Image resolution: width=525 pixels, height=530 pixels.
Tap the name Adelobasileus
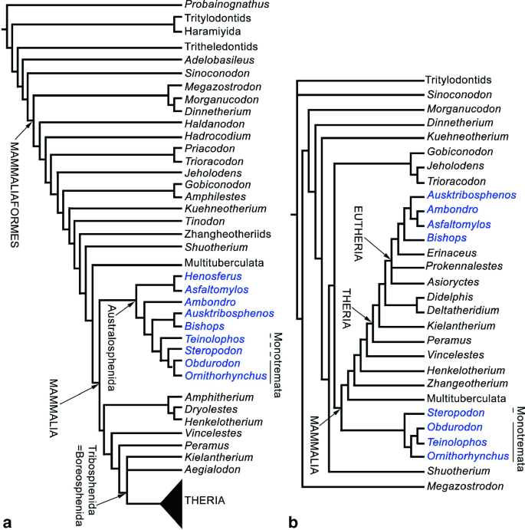pyautogui.click(x=217, y=59)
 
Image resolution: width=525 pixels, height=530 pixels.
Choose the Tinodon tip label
pyautogui.click(x=203, y=221)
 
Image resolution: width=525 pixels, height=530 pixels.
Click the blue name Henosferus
pyautogui.click(x=211, y=275)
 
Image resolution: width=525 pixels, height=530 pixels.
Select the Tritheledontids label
pyautogui.click(x=220, y=46)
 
